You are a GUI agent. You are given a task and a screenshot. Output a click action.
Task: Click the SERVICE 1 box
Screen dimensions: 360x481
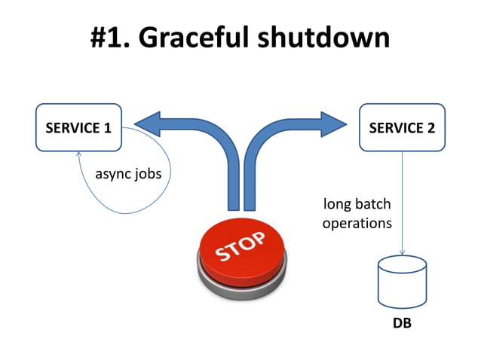coord(78,127)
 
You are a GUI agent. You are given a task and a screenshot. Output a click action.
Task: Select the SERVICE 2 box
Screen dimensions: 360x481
coord(402,127)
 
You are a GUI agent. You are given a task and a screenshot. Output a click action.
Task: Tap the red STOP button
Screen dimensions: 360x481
coord(240,252)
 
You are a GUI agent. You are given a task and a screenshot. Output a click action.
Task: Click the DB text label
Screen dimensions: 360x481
coord(402,325)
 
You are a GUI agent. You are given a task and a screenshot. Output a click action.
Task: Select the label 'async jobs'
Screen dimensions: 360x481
coord(127,174)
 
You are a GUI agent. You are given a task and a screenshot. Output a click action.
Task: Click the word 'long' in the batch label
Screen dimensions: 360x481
coord(337,204)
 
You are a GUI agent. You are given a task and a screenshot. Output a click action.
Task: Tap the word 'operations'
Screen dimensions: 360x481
coord(357,224)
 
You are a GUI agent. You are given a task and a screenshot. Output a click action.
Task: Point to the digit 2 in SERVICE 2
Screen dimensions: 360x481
coord(430,127)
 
